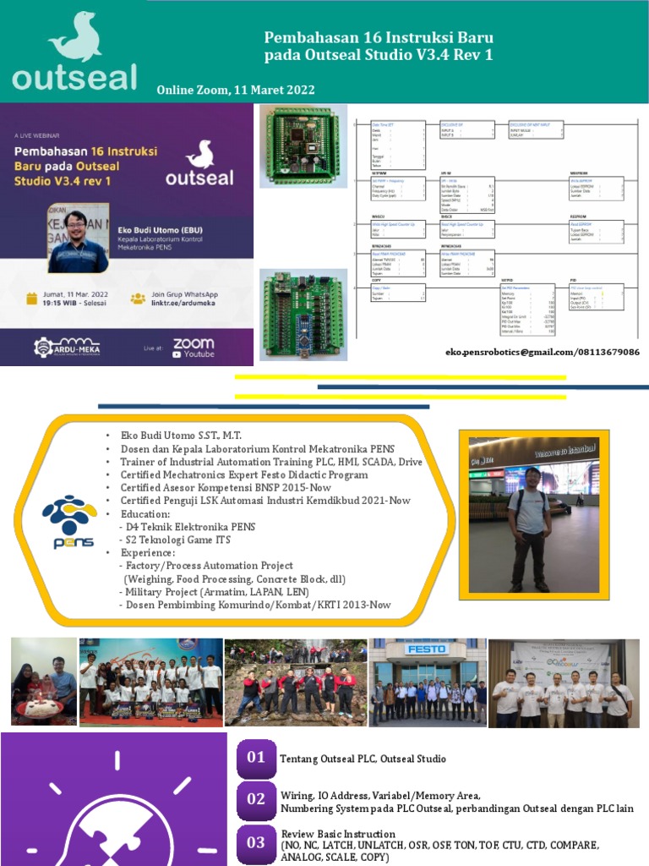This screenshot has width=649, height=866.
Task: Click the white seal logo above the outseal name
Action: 74,36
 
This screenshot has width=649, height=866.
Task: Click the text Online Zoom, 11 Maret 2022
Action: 236,90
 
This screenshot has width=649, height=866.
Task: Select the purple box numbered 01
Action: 256,758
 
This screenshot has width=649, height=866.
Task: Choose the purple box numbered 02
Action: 256,799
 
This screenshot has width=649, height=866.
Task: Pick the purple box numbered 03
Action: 256,842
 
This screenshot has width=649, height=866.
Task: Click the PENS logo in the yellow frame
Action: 69,523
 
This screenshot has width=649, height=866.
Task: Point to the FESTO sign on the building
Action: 426,649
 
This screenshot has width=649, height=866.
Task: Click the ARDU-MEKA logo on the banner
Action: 68,347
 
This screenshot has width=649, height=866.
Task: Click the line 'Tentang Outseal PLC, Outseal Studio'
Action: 363,759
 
